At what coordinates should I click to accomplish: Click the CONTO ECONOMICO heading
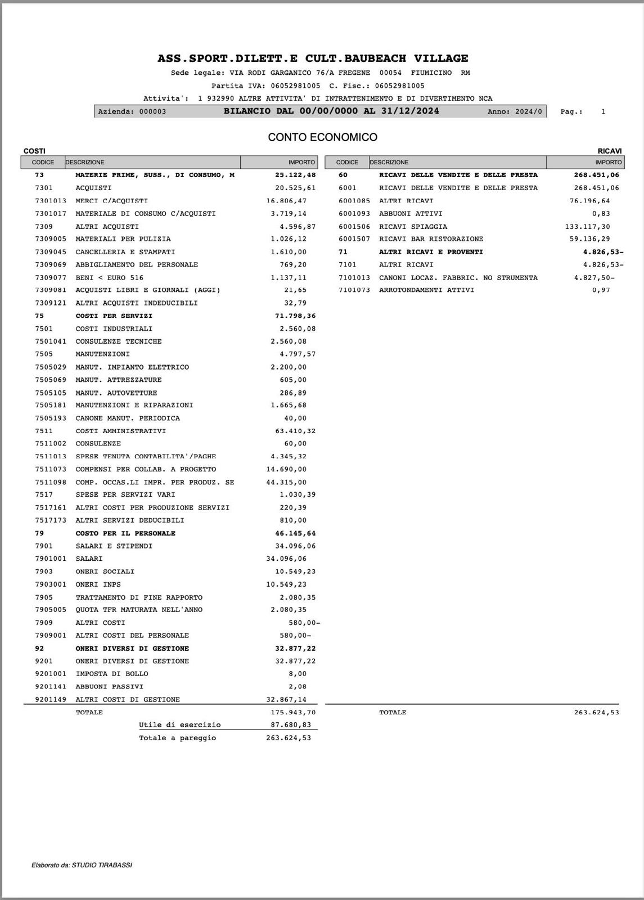point(322,137)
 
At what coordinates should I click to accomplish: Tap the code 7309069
point(51,265)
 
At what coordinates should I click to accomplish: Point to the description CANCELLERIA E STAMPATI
point(125,252)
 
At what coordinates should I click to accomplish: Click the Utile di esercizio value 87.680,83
point(289,725)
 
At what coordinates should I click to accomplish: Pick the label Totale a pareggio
point(177,738)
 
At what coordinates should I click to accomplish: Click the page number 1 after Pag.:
point(603,112)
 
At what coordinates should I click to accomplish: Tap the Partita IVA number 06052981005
point(295,86)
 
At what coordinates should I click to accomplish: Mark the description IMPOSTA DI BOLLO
point(112,674)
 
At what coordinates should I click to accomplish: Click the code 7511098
point(51,483)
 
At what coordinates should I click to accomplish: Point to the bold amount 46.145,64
point(295,533)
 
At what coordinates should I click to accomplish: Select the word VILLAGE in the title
point(441,58)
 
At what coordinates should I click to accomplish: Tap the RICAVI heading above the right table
point(609,151)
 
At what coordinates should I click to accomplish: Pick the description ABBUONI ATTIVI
point(411,214)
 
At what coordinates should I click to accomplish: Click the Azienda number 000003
point(152,112)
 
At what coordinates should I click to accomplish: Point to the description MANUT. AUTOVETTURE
point(116,393)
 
